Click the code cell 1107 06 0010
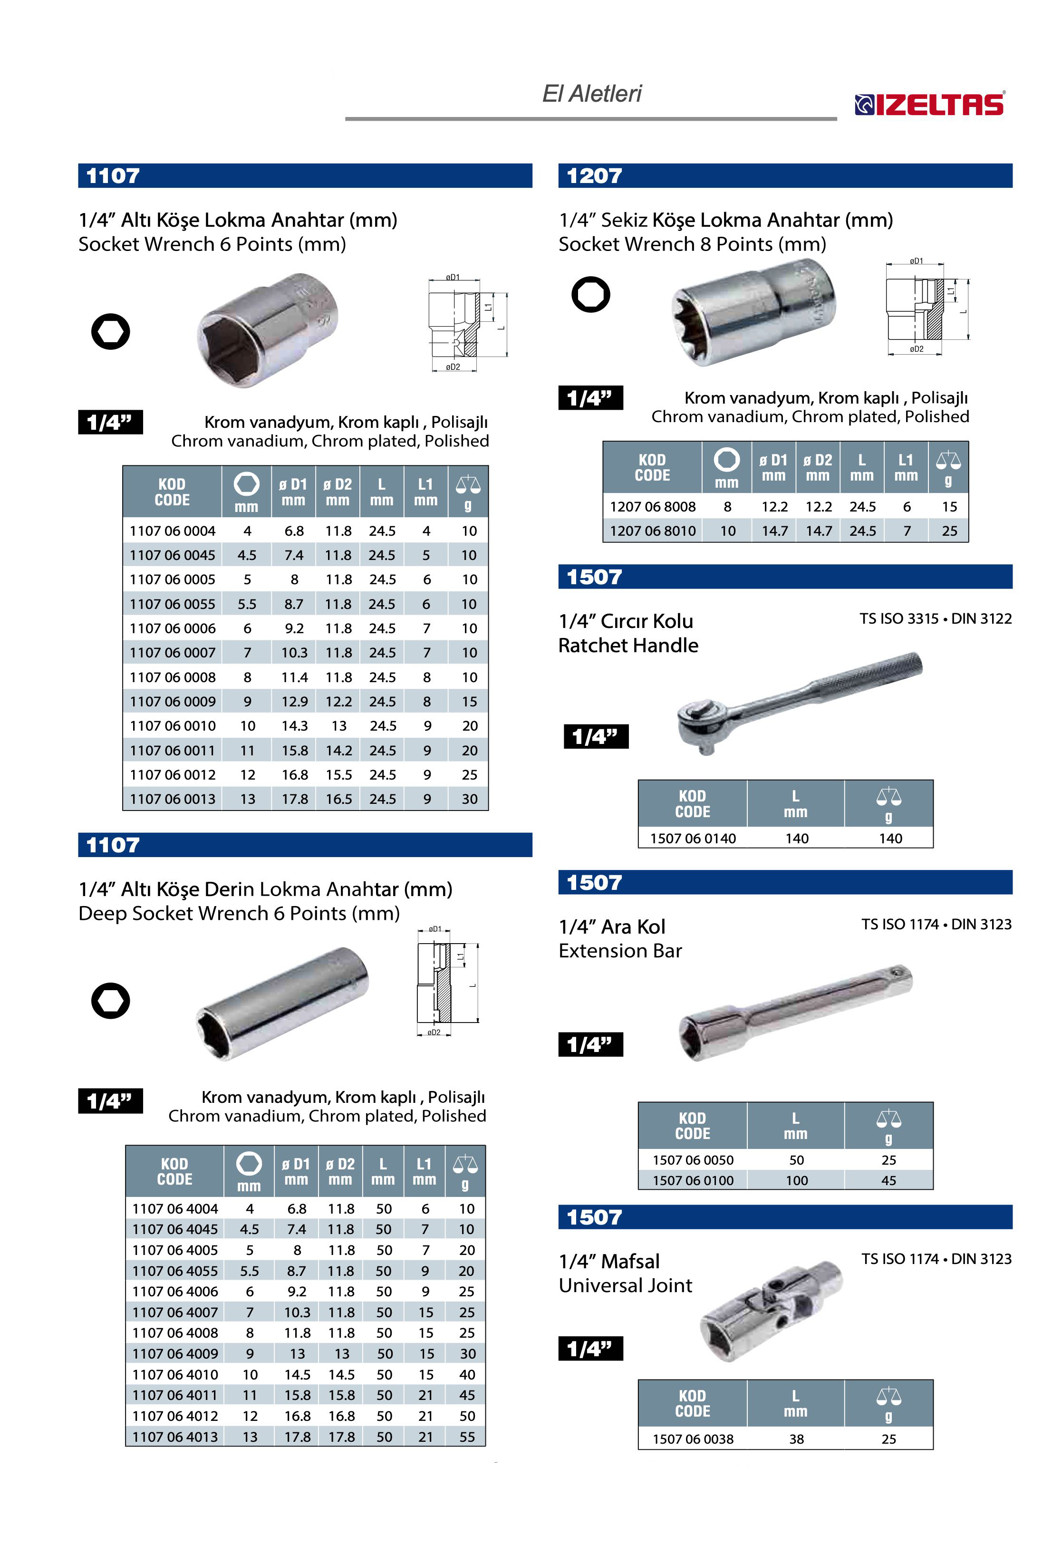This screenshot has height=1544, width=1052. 173,726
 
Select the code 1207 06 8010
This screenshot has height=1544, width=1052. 653,531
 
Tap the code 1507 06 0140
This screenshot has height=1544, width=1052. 693,839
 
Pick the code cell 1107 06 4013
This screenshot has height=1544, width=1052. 175,1437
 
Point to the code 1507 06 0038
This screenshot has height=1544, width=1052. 693,1439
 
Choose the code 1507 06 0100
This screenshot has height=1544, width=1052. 693,1181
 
